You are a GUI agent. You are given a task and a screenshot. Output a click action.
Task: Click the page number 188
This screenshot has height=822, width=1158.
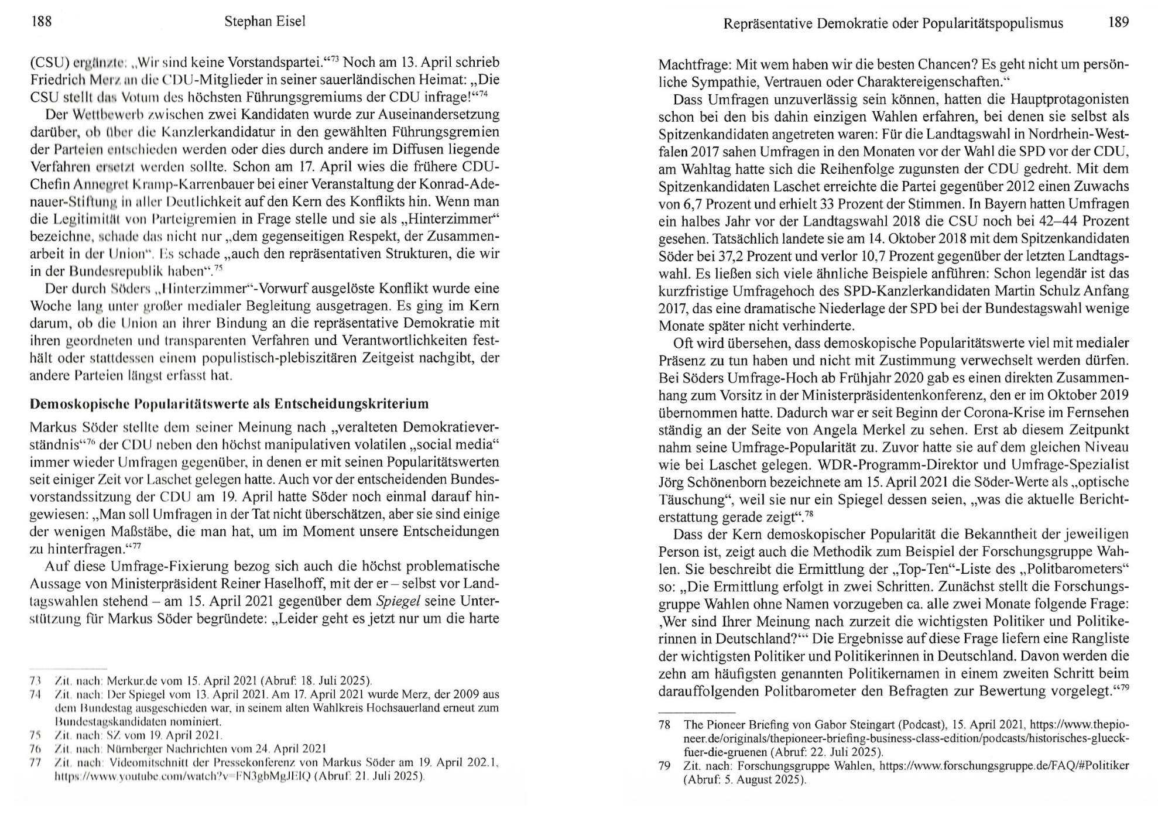coord(41,22)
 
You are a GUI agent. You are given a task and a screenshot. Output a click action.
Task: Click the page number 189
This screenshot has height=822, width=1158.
coord(1118,22)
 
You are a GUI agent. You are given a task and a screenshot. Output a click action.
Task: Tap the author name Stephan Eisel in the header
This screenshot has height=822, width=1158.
coord(265,22)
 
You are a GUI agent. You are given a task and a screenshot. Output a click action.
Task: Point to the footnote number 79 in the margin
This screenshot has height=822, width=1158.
coord(664,766)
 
